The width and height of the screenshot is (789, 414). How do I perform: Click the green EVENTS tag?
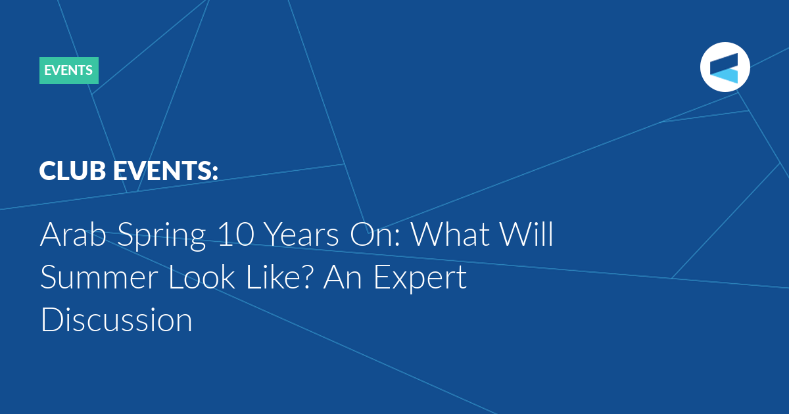point(68,70)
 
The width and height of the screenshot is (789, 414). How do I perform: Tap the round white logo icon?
point(725,67)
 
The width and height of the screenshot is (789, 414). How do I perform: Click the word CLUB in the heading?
point(72,170)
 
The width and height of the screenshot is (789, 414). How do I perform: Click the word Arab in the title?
point(73,234)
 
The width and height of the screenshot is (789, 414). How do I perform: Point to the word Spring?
point(161,237)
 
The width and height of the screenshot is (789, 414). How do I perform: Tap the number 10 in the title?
point(235,235)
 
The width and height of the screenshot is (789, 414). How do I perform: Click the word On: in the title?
point(375,235)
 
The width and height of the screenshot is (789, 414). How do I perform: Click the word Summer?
point(99,277)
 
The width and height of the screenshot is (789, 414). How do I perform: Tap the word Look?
point(202,277)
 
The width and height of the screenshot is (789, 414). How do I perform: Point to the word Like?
point(278,277)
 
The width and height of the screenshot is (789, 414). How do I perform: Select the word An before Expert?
point(343,277)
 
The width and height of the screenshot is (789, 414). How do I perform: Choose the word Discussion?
point(116,319)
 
